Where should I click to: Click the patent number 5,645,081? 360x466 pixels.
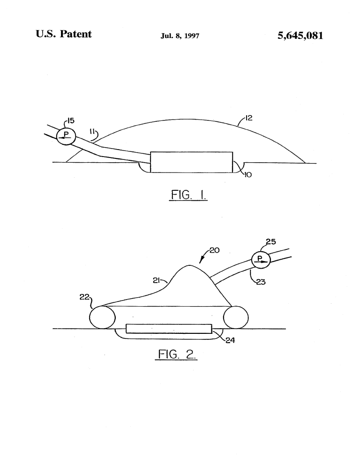pos(300,36)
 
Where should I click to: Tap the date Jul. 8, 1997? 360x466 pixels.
pos(180,36)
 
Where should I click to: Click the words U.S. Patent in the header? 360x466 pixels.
pos(64,34)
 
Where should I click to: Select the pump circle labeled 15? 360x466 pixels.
pos(66,136)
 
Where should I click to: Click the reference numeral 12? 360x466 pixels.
pos(248,118)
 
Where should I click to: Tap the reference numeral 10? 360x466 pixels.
pos(247,175)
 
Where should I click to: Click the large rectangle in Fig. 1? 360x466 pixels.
pos(191,162)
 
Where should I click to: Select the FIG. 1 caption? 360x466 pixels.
pos(188,195)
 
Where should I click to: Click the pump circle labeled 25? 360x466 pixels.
pos(261,260)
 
